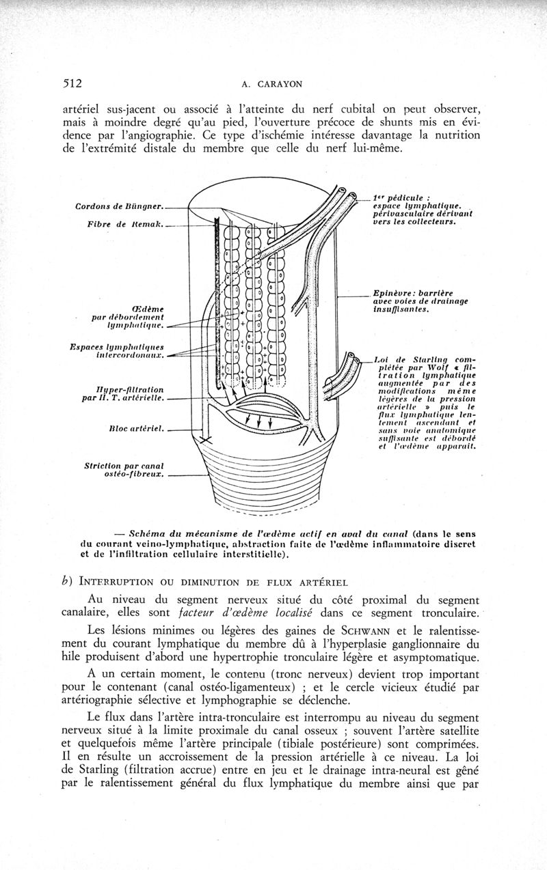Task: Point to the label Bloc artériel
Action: tap(135, 429)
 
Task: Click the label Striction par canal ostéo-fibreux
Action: tap(126, 471)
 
